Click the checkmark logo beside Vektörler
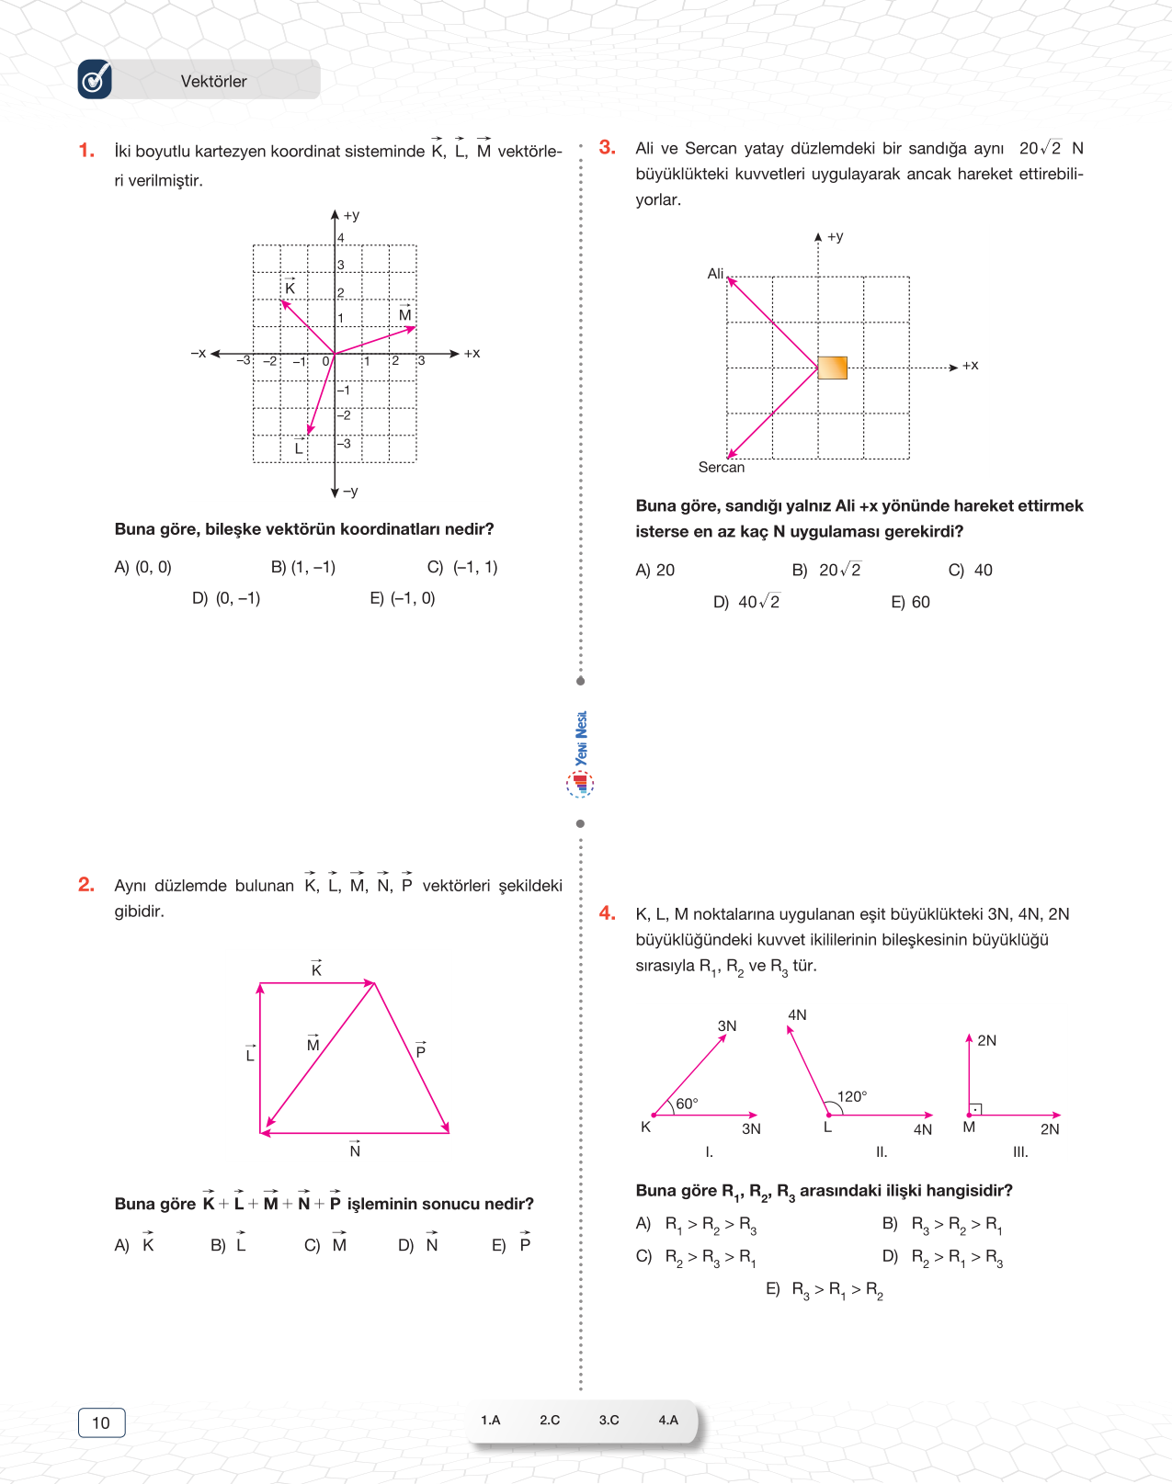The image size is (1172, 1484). pyautogui.click(x=95, y=80)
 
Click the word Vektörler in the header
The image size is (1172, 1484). pyautogui.click(x=213, y=81)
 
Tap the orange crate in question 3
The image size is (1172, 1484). pyautogui.click(x=832, y=368)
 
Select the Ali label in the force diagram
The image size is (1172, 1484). pyautogui.click(x=715, y=273)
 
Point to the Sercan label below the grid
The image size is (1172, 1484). pyautogui.click(x=721, y=467)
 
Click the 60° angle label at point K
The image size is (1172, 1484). pyautogui.click(x=687, y=1104)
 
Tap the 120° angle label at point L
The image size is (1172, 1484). pyautogui.click(x=851, y=1096)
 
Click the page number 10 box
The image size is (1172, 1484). pyautogui.click(x=101, y=1422)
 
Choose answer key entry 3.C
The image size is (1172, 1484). pyautogui.click(x=609, y=1420)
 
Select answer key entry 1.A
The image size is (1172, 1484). pyautogui.click(x=491, y=1420)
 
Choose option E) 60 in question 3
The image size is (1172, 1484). pyautogui.click(x=910, y=602)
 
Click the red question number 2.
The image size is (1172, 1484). pyautogui.click(x=86, y=884)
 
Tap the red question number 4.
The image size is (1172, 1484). pyautogui.click(x=608, y=912)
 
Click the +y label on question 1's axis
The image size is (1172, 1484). pyautogui.click(x=351, y=216)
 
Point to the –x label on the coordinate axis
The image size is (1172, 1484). pyautogui.click(x=199, y=353)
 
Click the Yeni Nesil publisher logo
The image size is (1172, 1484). pyautogui.click(x=580, y=753)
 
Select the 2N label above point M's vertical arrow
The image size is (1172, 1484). pyautogui.click(x=986, y=1040)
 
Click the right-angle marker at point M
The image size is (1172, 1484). pyautogui.click(x=976, y=1109)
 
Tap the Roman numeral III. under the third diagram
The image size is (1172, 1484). pyautogui.click(x=1020, y=1151)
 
